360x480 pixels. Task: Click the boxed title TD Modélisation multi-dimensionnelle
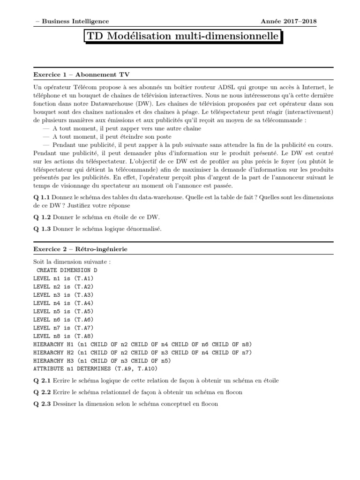pyautogui.click(x=183, y=36)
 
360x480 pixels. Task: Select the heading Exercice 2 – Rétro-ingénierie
pyautogui.click(x=80, y=249)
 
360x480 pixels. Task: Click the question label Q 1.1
pyautogui.click(x=42, y=197)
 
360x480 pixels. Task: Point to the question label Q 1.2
pyautogui.click(x=42, y=218)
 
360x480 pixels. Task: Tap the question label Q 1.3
pyautogui.click(x=42, y=228)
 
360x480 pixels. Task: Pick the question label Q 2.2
pyautogui.click(x=42, y=392)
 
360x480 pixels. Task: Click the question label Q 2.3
pyautogui.click(x=42, y=403)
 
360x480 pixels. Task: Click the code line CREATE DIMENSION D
pyautogui.click(x=67, y=270)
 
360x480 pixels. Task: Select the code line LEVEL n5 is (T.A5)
pyautogui.click(x=63, y=311)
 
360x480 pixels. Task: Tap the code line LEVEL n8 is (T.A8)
pyautogui.click(x=63, y=336)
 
